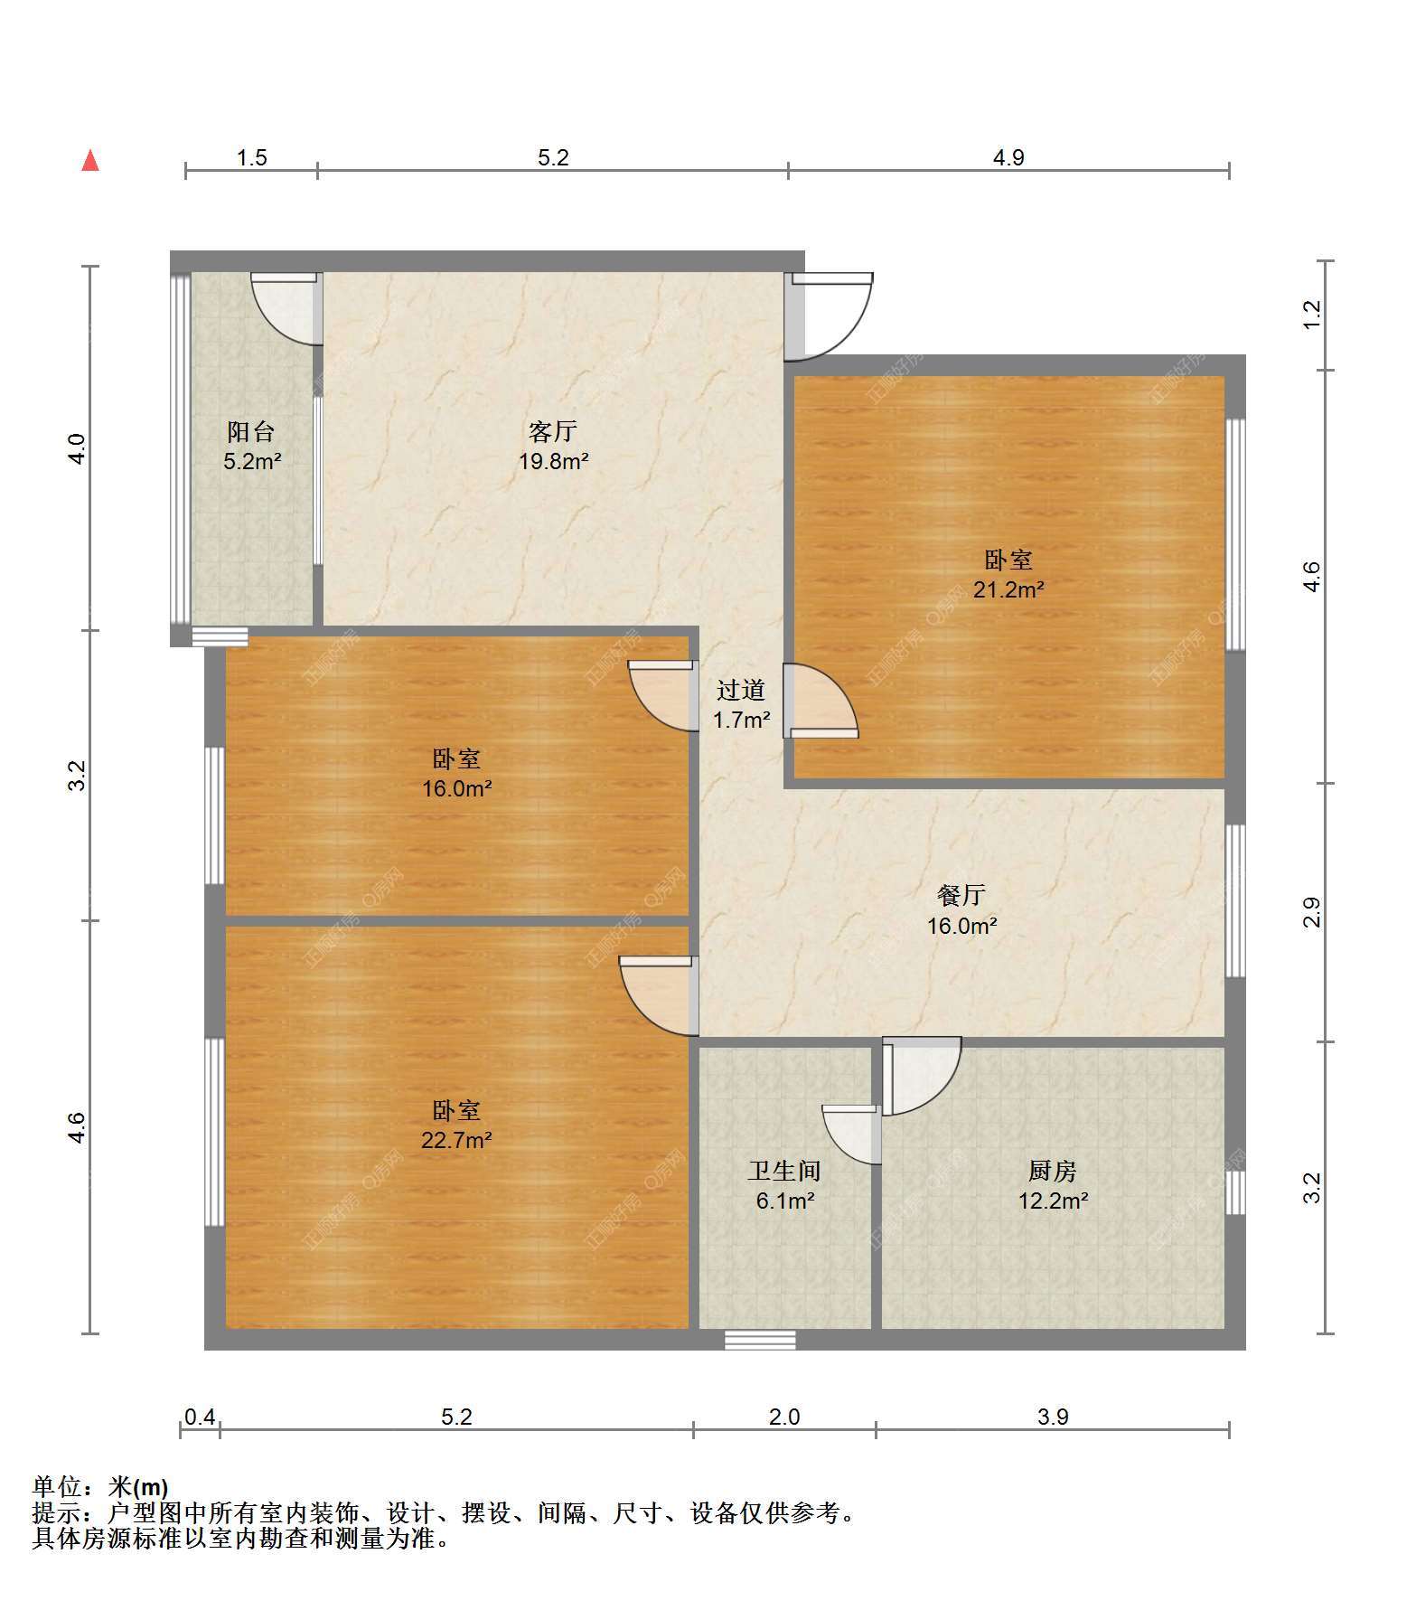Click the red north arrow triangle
coord(90,160)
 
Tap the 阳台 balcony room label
coord(251,431)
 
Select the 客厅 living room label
coord(553,431)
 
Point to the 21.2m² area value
coord(1008,590)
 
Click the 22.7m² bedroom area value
coord(456,1140)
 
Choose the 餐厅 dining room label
coord(961,895)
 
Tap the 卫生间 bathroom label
coord(784,1172)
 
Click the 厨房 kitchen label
coord(1053,1172)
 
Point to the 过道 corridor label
coord(741,691)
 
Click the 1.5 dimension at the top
coord(252,157)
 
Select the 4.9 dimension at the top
coord(1008,157)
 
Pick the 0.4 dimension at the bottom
coord(200,1417)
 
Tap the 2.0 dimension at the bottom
coord(784,1417)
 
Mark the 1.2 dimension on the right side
coord(1312,315)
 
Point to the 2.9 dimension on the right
coord(1312,912)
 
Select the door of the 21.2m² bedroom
coord(821,702)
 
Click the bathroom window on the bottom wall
coord(760,1340)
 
